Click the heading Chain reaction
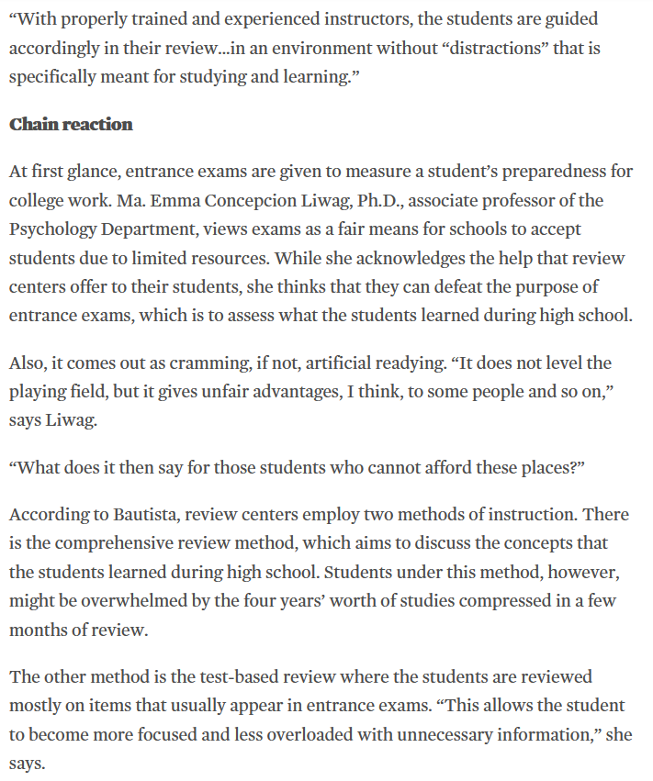[71, 124]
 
